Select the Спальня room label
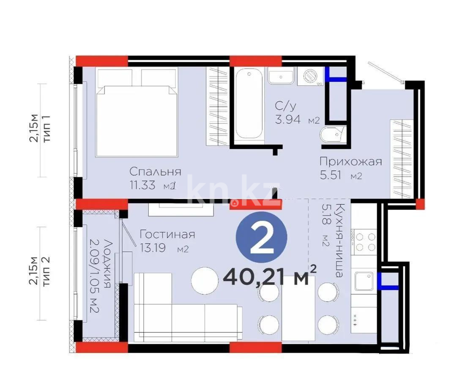pyautogui.click(x=155, y=172)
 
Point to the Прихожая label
pyautogui.click(x=350, y=161)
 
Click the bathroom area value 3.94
pyautogui.click(x=289, y=120)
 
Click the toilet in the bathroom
pyautogui.click(x=333, y=135)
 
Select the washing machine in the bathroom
pyautogui.click(x=311, y=76)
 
